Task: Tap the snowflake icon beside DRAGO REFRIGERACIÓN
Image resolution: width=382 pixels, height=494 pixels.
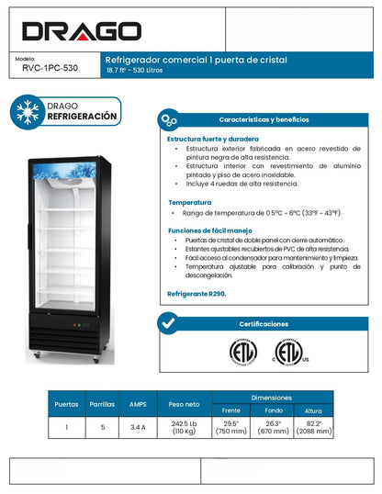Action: pyautogui.click(x=27, y=111)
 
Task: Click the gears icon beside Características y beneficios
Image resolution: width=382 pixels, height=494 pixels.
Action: pyautogui.click(x=169, y=120)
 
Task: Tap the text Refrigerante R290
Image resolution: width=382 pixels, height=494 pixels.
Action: pyautogui.click(x=196, y=294)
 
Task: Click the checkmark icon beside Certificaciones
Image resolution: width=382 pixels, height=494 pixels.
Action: pyautogui.click(x=168, y=323)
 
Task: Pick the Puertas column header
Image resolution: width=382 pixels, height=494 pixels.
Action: pyautogui.click(x=67, y=403)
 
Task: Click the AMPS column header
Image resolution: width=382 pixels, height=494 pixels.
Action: pyautogui.click(x=138, y=403)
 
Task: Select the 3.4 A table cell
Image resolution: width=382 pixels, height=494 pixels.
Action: pyautogui.click(x=138, y=427)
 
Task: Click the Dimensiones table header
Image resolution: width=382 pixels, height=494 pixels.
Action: pyautogui.click(x=273, y=397)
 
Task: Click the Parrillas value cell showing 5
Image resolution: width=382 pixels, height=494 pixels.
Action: pyautogui.click(x=103, y=427)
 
